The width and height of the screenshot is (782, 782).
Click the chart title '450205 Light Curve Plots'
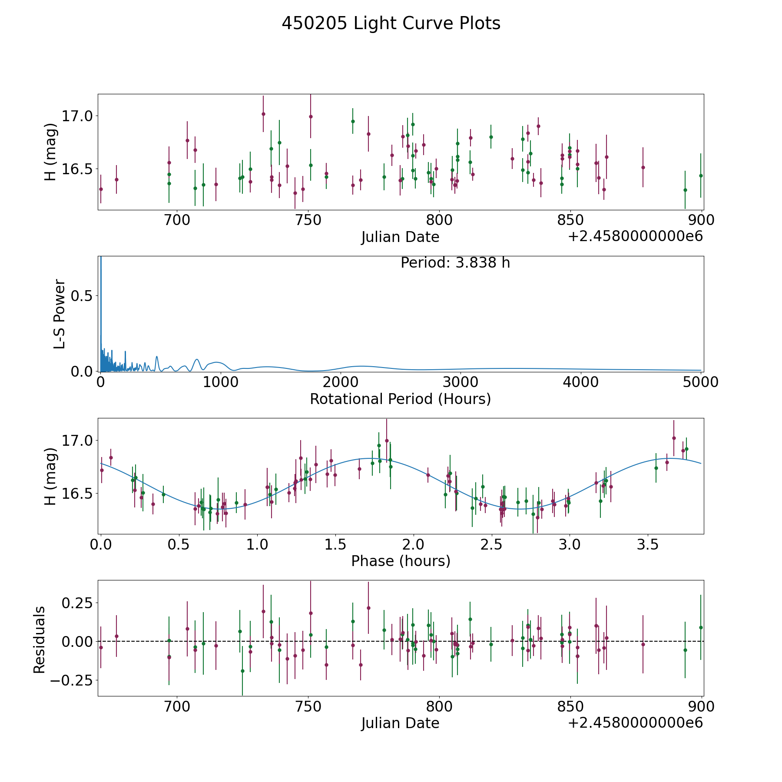pyautogui.click(x=391, y=23)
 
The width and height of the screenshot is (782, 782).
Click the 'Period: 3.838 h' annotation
pyautogui.click(x=455, y=263)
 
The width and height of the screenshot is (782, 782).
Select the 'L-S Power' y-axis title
pyautogui.click(x=60, y=314)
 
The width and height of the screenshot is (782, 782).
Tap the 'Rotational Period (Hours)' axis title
pyautogui.click(x=400, y=399)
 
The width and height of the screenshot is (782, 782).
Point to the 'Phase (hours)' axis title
pyautogui.click(x=400, y=561)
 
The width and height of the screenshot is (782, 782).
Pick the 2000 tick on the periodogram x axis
pyautogui.click(x=341, y=382)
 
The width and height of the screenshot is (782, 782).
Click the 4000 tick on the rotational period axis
pyautogui.click(x=580, y=382)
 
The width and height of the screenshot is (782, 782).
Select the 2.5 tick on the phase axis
pyautogui.click(x=492, y=545)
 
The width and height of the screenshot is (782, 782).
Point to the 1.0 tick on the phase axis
pyautogui.click(x=257, y=545)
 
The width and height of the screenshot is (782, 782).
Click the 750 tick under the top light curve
pyautogui.click(x=308, y=220)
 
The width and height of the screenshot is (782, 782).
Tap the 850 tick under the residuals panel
pyautogui.click(x=570, y=707)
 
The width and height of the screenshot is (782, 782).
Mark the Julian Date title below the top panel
pyautogui.click(x=400, y=237)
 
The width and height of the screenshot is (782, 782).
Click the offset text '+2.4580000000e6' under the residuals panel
pyautogui.click(x=635, y=723)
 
